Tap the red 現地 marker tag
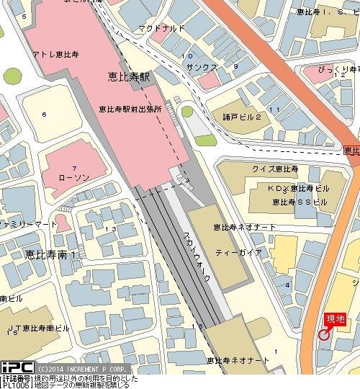point(336,318)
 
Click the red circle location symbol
point(324,334)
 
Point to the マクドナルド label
point(162,29)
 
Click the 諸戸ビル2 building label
point(242,116)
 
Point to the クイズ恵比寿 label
point(255,169)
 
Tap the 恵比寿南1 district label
point(50,254)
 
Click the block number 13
point(110,228)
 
